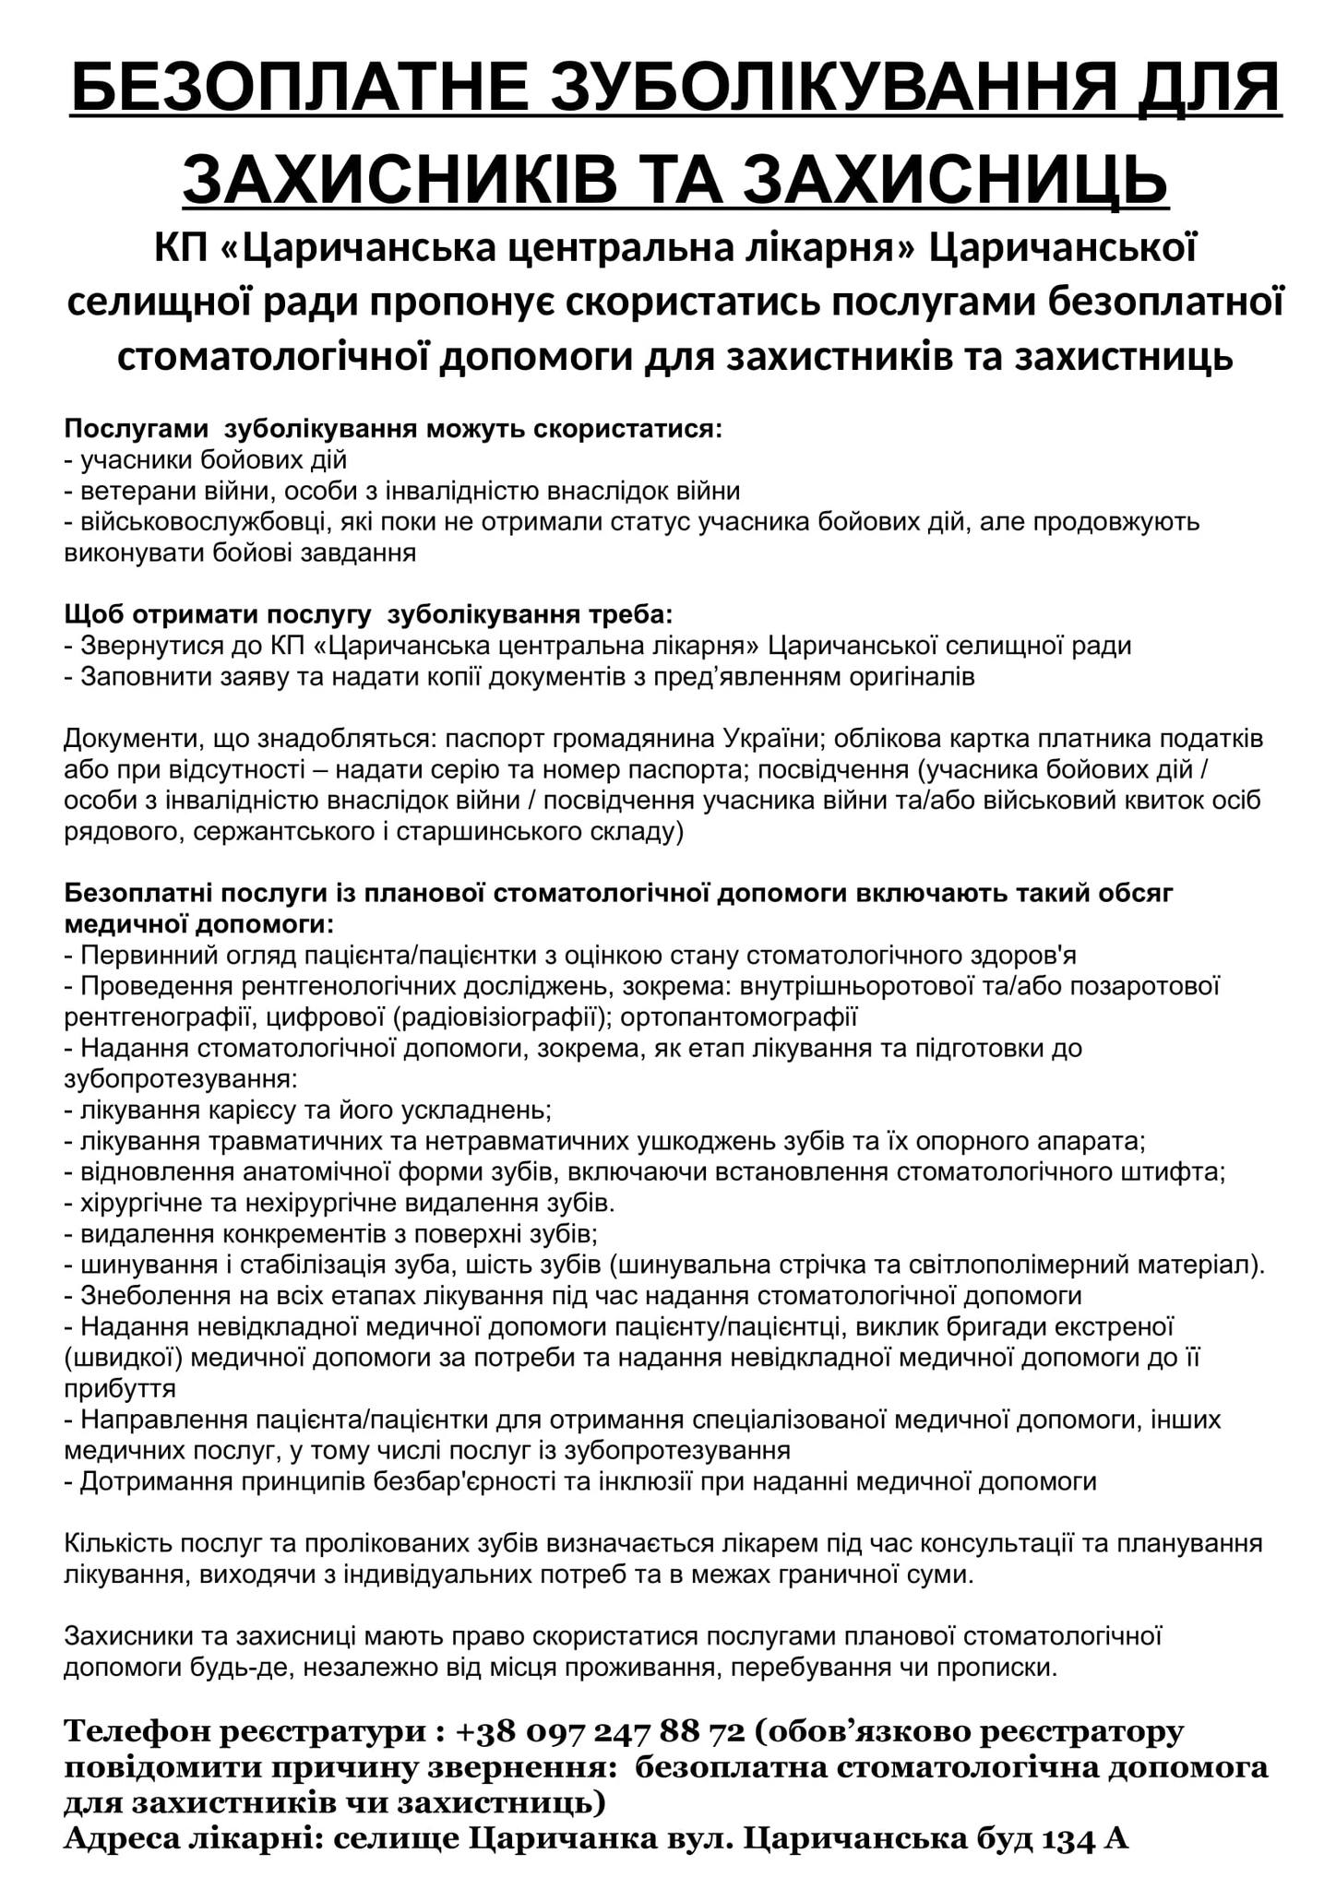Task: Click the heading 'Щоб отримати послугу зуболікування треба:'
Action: (x=369, y=614)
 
